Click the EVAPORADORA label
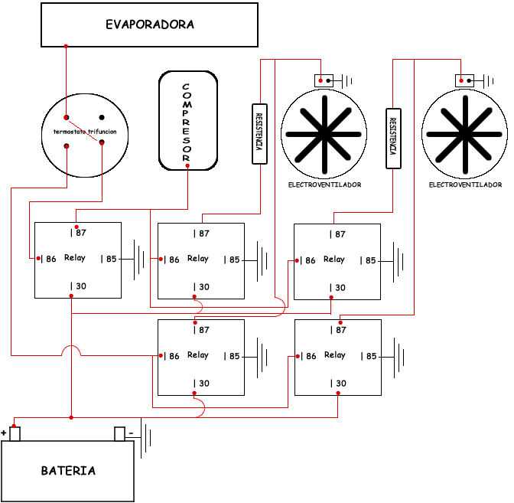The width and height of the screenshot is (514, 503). point(150,24)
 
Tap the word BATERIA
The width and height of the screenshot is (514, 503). point(69,471)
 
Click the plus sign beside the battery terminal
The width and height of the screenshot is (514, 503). point(4,433)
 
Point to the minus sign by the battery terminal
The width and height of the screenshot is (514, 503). point(131,433)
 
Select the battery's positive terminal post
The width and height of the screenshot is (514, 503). point(15,434)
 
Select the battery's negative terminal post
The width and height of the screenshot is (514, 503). point(119,434)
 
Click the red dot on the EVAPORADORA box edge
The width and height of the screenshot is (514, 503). point(66,47)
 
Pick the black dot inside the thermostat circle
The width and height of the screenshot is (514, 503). point(102,117)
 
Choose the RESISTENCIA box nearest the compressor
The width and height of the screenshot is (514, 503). point(259,133)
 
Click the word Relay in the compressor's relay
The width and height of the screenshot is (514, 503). point(75,258)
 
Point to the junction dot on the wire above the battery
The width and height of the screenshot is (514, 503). point(71,417)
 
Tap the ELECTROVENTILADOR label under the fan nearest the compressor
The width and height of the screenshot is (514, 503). point(324,185)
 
